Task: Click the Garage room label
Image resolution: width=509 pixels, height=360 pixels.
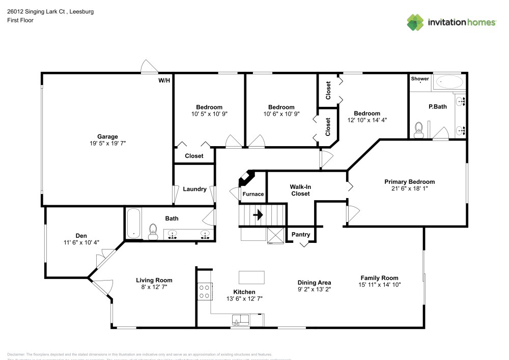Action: pos(107,136)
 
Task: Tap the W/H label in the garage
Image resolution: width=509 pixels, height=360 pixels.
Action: pos(164,80)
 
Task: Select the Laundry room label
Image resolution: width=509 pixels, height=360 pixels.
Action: pos(194,189)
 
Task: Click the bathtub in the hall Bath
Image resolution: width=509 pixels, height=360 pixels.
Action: pos(134,224)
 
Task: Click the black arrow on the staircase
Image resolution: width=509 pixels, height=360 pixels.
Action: pos(258,215)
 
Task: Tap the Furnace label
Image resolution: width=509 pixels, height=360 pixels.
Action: pos(253,194)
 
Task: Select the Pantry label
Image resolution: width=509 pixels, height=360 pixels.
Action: pos(301,234)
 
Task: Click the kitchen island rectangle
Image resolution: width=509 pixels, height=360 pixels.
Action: pos(251,277)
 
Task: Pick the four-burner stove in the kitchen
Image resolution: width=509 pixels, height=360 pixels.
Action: pos(205,291)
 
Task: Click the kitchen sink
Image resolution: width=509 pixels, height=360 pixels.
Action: pos(240,320)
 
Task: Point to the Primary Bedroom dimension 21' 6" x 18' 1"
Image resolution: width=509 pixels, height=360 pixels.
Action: pos(409,188)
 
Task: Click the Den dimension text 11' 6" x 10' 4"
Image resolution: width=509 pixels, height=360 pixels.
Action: pos(81,242)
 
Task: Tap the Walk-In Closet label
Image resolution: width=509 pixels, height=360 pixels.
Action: pos(300,190)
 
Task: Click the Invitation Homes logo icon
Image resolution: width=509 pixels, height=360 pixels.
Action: pos(415,22)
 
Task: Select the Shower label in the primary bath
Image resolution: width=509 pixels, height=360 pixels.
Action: pos(420,79)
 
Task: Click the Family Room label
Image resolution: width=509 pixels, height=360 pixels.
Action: pos(379,278)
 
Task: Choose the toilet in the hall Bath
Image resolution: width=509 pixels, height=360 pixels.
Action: pos(152,232)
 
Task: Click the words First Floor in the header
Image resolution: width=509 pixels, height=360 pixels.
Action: pos(20,20)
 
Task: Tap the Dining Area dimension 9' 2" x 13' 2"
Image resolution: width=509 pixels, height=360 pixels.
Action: pos(314,289)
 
